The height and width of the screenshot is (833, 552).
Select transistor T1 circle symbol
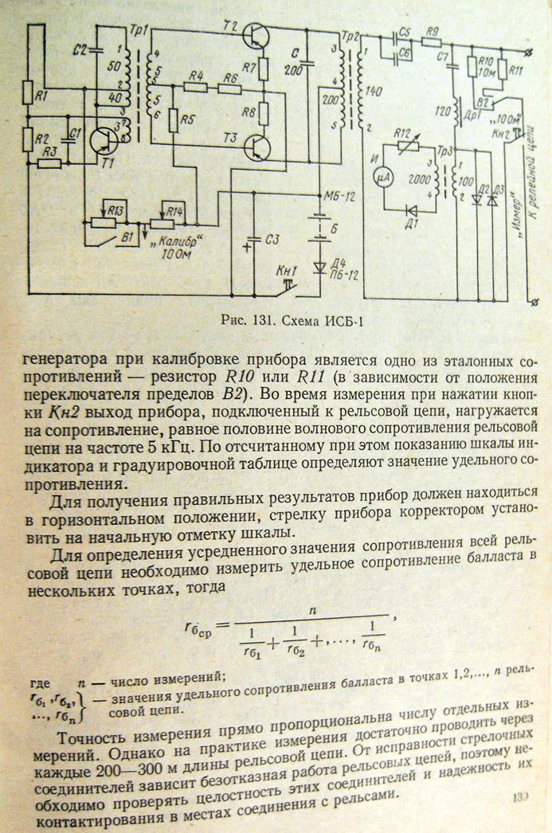(102, 140)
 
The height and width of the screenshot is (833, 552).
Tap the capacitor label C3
(273, 238)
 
